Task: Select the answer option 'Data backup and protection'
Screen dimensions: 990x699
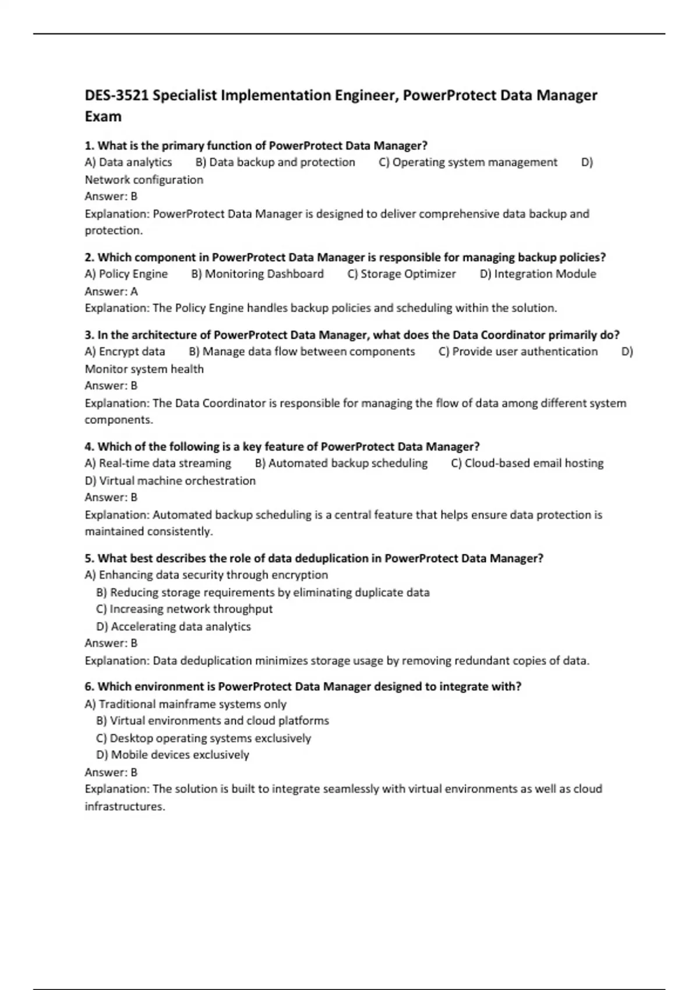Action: tap(276, 162)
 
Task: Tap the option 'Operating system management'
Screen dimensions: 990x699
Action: tap(468, 162)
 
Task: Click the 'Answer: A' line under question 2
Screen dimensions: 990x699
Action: tap(111, 291)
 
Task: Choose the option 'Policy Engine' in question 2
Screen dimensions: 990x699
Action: tap(126, 274)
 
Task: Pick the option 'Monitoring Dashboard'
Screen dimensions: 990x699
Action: tap(257, 274)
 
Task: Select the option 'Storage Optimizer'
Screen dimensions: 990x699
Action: tap(401, 274)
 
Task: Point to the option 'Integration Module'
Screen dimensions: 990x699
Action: tap(538, 274)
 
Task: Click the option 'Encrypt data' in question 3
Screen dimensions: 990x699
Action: tap(125, 352)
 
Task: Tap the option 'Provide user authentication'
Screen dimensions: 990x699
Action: tap(518, 352)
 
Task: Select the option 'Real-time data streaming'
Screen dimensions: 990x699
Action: tap(158, 464)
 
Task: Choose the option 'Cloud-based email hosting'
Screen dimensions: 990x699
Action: tap(527, 464)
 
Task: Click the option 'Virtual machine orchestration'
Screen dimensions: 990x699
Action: tap(170, 481)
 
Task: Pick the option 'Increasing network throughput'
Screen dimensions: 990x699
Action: tap(184, 609)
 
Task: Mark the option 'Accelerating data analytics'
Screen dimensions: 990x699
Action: tap(174, 627)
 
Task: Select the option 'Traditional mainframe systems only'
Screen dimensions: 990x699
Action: tap(186, 704)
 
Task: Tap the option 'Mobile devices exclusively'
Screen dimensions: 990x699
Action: tap(172, 755)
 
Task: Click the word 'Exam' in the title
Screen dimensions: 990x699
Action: tap(103, 117)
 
